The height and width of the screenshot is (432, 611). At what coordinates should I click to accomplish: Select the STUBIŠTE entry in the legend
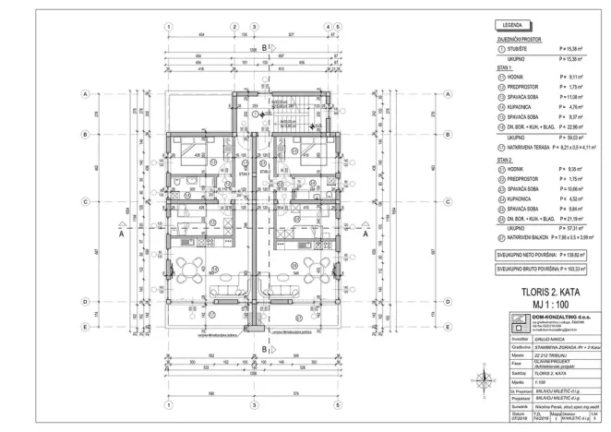point(521,48)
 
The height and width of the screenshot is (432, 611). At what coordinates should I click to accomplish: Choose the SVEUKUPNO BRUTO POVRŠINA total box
point(544,270)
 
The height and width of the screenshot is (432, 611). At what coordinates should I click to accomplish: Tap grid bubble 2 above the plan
point(234,26)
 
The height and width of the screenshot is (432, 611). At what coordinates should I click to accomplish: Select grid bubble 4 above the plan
point(328,26)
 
